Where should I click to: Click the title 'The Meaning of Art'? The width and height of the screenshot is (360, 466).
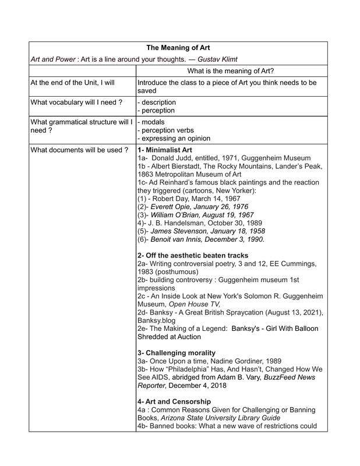(x=178, y=47)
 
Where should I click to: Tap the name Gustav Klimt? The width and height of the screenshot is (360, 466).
(x=217, y=59)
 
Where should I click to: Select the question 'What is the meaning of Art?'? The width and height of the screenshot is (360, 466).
(x=231, y=71)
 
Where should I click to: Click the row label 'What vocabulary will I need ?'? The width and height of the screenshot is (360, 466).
(x=76, y=103)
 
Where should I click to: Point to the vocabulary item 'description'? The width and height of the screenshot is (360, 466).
(x=158, y=103)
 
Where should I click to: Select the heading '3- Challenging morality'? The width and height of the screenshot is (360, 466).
(x=177, y=353)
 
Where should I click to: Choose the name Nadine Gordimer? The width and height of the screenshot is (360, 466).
(x=234, y=361)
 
